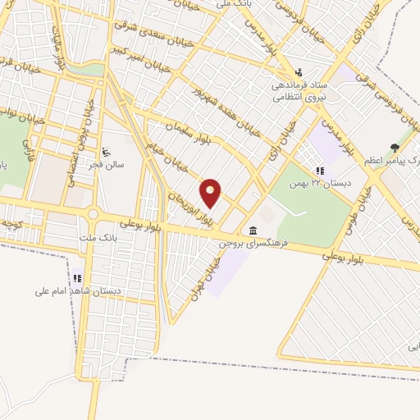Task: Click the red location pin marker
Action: click(211, 193)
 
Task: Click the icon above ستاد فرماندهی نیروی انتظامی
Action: click(299, 71)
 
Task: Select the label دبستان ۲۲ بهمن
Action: click(322, 183)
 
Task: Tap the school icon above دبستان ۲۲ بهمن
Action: click(320, 171)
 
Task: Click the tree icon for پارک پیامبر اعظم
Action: click(396, 148)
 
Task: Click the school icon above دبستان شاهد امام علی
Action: click(78, 277)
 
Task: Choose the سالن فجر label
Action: click(107, 163)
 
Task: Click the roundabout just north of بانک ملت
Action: click(93, 215)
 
